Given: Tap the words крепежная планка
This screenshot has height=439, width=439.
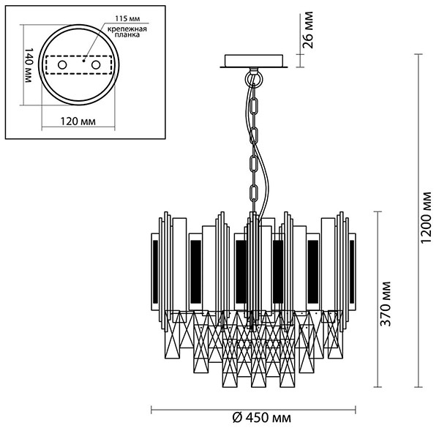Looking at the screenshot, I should (x=130, y=31).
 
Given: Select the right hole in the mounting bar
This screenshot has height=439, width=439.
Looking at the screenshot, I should (x=95, y=66).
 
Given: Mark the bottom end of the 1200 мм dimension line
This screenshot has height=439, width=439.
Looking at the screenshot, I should (x=419, y=387).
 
